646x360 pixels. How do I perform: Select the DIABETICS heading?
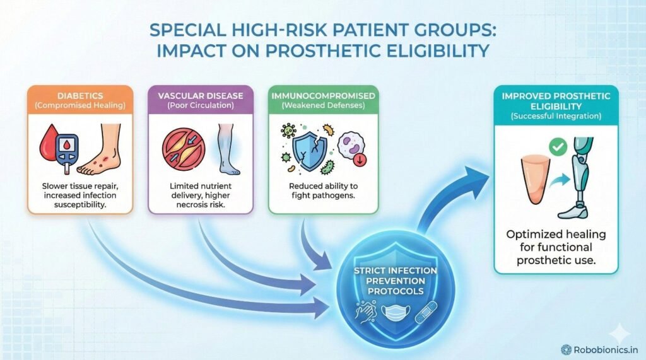click(x=80, y=96)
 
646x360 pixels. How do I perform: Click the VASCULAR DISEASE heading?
click(x=201, y=96)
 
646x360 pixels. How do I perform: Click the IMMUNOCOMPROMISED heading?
click(x=323, y=96)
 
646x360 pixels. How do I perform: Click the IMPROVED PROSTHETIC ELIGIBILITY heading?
click(x=556, y=101)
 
